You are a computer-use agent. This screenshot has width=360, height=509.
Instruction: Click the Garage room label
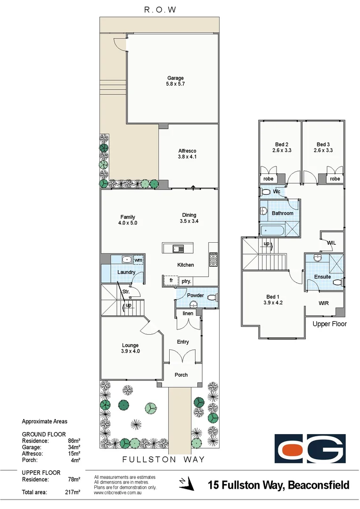click(x=175, y=78)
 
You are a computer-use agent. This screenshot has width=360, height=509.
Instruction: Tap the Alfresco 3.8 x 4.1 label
click(x=187, y=156)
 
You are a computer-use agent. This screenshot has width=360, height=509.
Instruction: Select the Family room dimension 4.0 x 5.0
click(x=127, y=223)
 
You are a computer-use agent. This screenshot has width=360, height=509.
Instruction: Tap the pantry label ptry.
click(x=186, y=281)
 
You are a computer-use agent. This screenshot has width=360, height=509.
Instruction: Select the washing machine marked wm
click(x=138, y=260)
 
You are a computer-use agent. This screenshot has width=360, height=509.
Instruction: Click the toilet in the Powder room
click(x=213, y=297)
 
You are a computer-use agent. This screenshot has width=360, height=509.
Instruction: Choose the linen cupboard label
click(x=188, y=313)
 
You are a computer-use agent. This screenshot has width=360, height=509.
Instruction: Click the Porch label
click(x=181, y=375)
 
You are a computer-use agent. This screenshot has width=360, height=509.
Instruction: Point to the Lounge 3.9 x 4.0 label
click(x=130, y=351)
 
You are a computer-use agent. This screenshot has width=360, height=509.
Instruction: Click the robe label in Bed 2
click(x=268, y=179)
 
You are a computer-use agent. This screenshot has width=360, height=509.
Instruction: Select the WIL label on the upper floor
click(x=331, y=242)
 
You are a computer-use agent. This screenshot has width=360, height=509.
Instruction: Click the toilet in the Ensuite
click(x=336, y=283)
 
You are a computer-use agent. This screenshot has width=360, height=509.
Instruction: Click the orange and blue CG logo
click(x=311, y=449)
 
